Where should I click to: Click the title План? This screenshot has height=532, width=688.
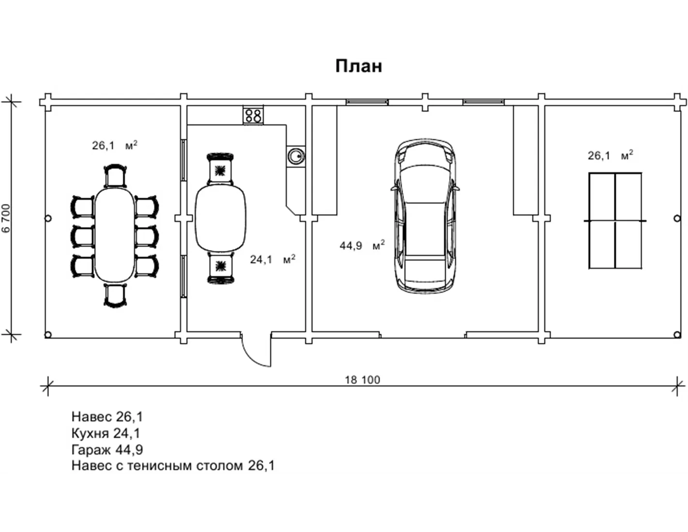pos(359,67)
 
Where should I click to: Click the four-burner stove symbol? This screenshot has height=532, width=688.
pos(253,115)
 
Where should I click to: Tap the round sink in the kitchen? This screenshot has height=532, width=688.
pos(296,156)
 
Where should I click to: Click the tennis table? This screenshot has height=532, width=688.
pos(615,221)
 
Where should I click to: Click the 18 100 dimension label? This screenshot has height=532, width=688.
pos(362,380)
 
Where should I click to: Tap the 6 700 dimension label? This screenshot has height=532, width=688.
pos(6,219)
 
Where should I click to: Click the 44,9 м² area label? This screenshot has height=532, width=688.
pos(362,245)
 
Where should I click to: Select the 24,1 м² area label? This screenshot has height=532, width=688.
pos(272,259)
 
